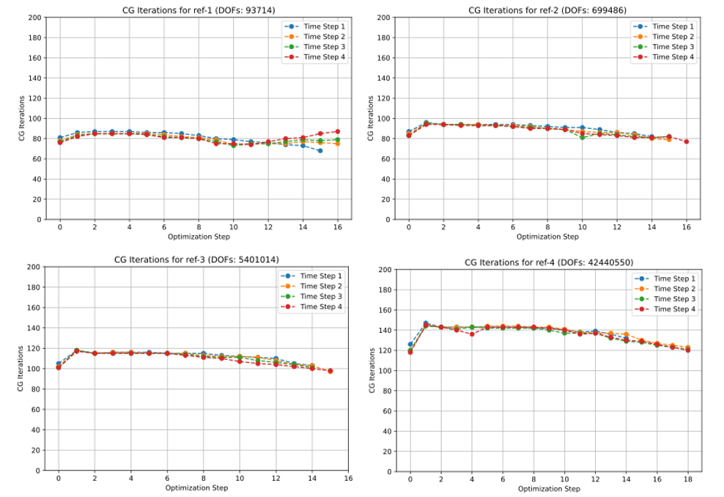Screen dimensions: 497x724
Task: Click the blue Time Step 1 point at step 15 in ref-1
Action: click(320, 150)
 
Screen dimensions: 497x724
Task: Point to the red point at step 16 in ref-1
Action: click(338, 131)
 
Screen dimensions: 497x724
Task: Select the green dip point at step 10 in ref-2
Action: click(583, 137)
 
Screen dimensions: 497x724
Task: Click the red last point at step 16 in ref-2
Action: click(687, 141)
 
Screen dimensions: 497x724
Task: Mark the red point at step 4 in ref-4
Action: click(472, 334)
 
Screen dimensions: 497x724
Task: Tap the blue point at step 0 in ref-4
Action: click(410, 344)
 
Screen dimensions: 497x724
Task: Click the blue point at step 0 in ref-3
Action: click(59, 364)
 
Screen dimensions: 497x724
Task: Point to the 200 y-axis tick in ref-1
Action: click(34, 17)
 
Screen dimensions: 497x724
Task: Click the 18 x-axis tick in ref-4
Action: click(687, 479)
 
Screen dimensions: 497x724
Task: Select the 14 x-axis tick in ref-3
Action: click(311, 479)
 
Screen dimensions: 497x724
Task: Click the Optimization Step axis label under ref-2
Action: click(547, 237)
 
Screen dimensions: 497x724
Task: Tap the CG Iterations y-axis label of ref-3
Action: click(21, 369)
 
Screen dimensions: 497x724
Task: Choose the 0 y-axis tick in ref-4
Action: click(387, 472)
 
